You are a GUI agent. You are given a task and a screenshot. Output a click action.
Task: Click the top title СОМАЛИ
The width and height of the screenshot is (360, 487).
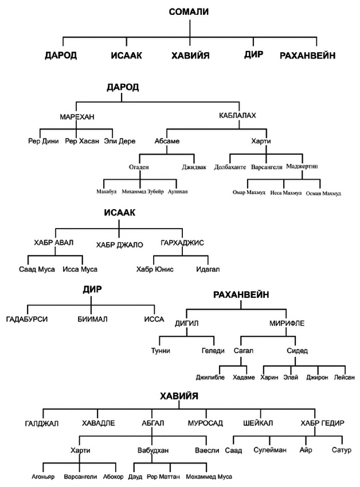[189, 12]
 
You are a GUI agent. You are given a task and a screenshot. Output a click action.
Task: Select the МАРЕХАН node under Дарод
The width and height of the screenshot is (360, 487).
[77, 117]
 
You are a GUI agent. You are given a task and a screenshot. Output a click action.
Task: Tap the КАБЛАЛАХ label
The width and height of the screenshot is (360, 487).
[237, 116]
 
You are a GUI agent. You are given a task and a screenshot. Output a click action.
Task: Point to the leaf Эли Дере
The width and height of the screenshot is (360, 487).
[120, 141]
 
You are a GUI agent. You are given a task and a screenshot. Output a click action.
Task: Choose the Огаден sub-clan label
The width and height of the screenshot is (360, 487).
[139, 167]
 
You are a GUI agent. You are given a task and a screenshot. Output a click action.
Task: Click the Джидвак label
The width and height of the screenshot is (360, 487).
[194, 167]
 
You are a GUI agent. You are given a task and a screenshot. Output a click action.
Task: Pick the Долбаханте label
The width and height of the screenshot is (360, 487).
[230, 167]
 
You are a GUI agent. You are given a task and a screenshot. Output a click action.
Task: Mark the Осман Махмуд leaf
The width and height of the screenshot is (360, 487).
[323, 193]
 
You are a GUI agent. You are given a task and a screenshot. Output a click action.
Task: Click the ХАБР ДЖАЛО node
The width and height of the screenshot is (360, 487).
[119, 245]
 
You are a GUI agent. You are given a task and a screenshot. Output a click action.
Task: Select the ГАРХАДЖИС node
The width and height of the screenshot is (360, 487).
[182, 242]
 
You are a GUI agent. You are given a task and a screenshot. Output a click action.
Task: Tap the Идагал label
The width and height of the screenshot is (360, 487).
[208, 269]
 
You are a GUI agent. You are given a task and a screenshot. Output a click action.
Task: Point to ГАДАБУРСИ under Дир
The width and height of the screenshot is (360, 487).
[27, 319]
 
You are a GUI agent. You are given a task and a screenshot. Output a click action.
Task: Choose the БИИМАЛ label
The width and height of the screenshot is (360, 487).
[92, 319]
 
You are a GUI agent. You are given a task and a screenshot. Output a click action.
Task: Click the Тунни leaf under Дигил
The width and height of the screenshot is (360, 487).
[161, 351]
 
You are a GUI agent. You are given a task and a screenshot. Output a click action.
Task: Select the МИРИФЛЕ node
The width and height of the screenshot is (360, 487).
[287, 323]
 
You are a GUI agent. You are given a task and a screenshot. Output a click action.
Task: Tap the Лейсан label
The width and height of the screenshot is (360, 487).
[344, 378]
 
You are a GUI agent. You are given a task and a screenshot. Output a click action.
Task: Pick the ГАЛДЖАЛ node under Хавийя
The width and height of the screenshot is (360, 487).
[42, 423]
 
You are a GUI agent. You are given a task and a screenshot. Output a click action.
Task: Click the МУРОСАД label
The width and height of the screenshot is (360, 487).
[205, 423]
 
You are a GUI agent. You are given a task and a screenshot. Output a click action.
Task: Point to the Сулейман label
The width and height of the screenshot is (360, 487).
[270, 450]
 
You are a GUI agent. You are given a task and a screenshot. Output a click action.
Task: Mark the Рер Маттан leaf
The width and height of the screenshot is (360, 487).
[163, 477]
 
